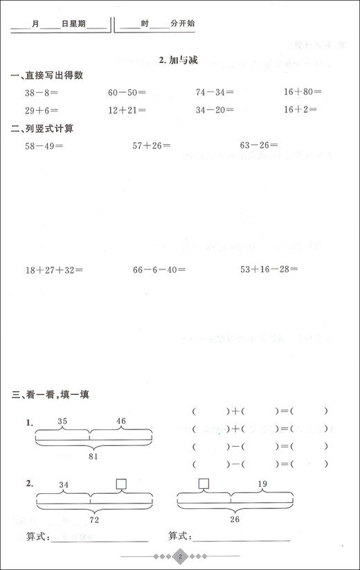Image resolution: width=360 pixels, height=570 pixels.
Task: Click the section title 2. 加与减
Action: [179, 60]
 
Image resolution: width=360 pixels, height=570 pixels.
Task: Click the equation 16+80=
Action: [303, 91]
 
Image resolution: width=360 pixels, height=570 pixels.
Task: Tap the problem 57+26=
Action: [152, 146]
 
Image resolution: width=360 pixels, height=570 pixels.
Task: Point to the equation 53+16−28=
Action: [269, 269]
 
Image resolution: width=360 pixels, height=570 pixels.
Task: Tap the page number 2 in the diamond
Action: [180, 557]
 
